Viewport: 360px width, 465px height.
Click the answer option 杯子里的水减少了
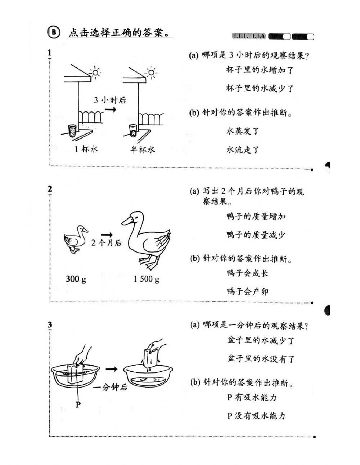(260, 88)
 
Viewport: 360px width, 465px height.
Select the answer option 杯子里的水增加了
(260, 70)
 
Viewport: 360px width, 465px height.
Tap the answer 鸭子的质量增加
(256, 216)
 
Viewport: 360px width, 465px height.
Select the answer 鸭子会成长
(248, 273)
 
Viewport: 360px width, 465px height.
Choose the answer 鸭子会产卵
(248, 291)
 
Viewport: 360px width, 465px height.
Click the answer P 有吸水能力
(252, 397)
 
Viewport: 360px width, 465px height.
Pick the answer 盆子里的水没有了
(261, 359)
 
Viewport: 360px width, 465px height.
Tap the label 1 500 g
(146, 279)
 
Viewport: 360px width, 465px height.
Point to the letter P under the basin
(78, 404)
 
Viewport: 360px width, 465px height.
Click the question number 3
(50, 325)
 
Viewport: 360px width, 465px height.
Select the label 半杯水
(143, 149)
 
